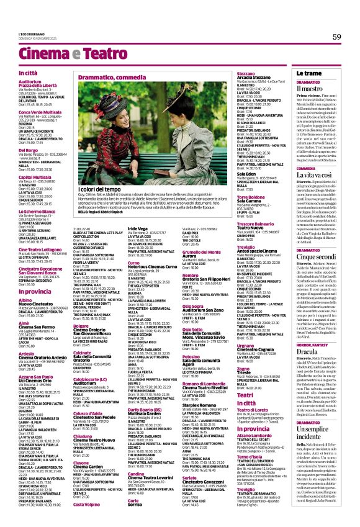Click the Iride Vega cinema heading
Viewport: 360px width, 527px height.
pyautogui.click(x=137, y=228)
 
